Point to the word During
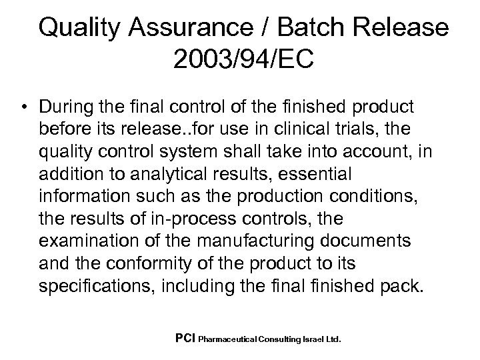(x=67, y=109)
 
